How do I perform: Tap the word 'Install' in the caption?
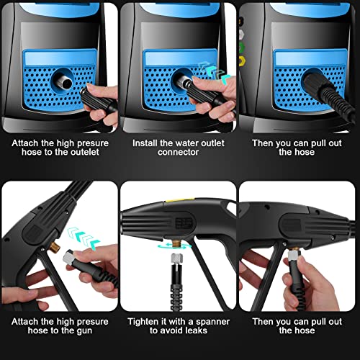pyautogui.click(x=145, y=143)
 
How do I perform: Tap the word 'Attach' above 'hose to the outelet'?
pyautogui.click(x=20, y=143)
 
